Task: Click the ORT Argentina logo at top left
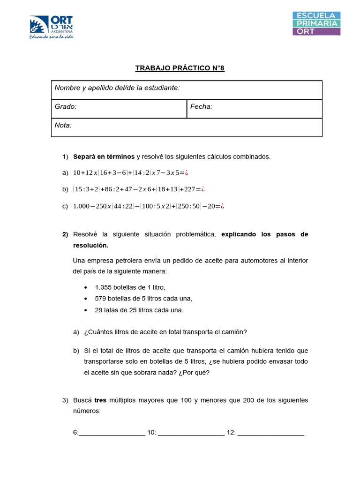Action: pos(51,27)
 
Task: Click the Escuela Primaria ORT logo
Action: pos(316,23)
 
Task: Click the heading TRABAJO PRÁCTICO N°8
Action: pos(180,68)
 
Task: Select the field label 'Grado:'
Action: pos(66,107)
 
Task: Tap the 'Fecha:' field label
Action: pos(202,107)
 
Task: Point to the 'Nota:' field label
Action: pos(63,126)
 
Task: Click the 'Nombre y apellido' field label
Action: pos(117,88)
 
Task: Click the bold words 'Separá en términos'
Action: pos(104,157)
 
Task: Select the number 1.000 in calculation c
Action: pos(82,206)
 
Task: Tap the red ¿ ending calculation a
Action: pos(187,172)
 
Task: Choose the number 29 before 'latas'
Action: pos(98,310)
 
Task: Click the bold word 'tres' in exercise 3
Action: pos(100,400)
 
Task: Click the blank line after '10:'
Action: pos(191,434)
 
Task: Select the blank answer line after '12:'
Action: pos(271,434)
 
